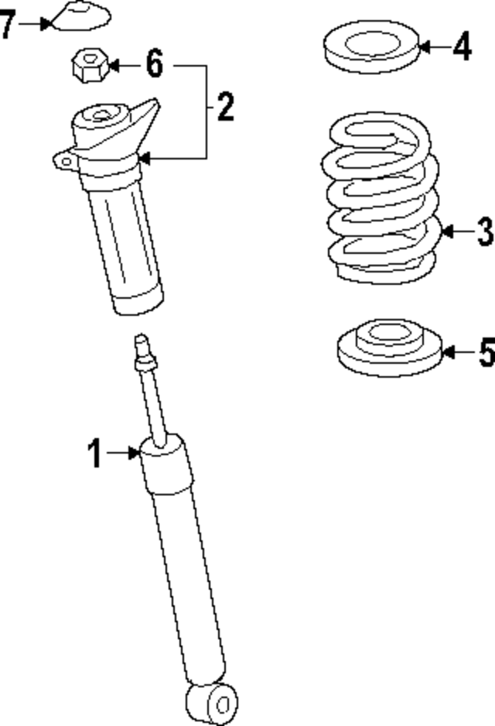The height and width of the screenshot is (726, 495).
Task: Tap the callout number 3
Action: click(483, 231)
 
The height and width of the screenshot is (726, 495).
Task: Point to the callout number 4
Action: click(462, 47)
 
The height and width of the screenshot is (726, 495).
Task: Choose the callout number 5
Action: click(485, 353)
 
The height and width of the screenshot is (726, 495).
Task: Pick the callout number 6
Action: click(155, 65)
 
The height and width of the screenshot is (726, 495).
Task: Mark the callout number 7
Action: click(8, 25)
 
